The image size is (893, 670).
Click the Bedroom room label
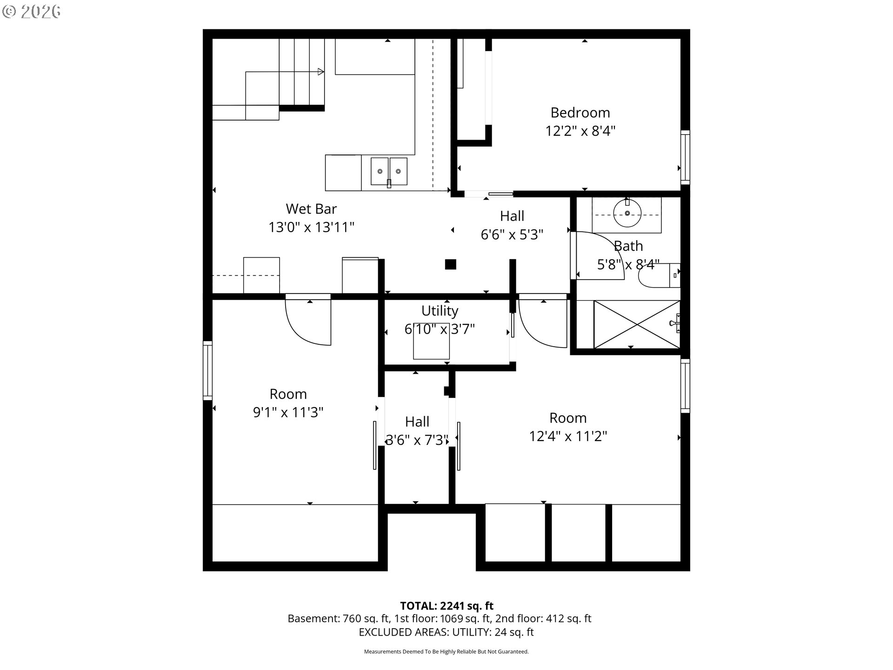tap(580, 113)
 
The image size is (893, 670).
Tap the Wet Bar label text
tap(311, 208)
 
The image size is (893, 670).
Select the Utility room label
tap(440, 311)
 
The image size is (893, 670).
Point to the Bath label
tap(628, 246)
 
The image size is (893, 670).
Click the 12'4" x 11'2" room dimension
tap(568, 436)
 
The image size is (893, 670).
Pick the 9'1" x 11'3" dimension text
tap(288, 412)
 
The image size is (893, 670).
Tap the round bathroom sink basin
tap(627, 213)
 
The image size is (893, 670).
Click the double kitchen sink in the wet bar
tap(389, 171)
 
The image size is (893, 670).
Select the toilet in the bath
tap(659, 275)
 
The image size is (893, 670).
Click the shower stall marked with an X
tap(637, 324)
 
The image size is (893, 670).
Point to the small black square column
tap(450, 264)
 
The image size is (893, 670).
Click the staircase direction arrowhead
tap(321, 72)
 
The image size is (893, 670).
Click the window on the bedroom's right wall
tap(685, 157)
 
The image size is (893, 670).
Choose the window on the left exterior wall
tap(207, 370)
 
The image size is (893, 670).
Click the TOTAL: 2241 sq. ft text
tap(446, 606)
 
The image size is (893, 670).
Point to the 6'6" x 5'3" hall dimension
tap(512, 234)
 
